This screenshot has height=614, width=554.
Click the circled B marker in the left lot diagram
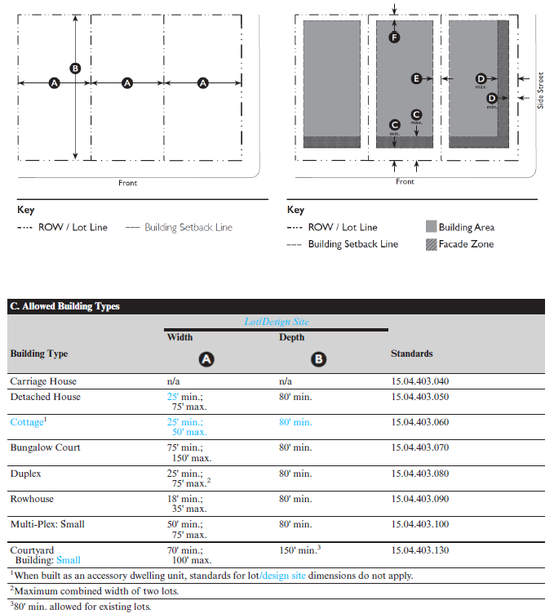(75, 69)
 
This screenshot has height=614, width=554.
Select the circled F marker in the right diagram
(394, 38)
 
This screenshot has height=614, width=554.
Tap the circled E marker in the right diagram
(416, 78)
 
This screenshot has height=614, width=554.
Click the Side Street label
(540, 91)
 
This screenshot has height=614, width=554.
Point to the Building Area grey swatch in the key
(431, 226)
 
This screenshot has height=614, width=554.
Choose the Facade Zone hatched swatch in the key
(431, 244)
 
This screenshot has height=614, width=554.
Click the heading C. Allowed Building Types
(65, 306)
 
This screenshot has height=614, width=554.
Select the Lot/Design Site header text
(277, 322)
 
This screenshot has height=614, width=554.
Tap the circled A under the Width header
(206, 359)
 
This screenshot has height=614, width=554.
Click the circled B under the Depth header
(318, 359)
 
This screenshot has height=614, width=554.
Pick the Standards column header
(411, 354)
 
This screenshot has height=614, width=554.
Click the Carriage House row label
(43, 381)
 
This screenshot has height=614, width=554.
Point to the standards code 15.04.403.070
(420, 447)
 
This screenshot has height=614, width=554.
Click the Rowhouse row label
(32, 499)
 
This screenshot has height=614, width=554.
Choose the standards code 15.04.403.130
(420, 550)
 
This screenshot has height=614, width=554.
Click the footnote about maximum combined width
(95, 590)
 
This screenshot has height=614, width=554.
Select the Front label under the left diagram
(127, 183)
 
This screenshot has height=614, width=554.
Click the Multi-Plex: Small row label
(47, 524)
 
